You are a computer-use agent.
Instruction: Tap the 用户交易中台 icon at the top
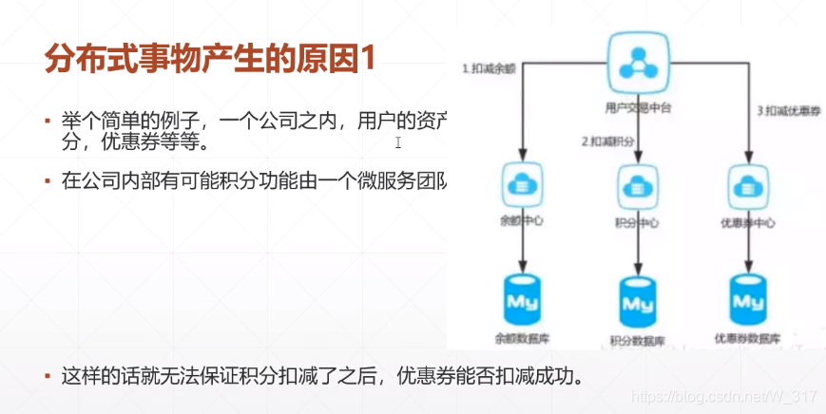(637, 64)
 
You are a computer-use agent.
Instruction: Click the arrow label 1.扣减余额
(488, 68)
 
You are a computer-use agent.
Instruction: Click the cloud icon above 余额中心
(521, 182)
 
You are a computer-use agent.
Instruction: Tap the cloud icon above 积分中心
(638, 184)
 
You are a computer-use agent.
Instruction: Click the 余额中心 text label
(521, 223)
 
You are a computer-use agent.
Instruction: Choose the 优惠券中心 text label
(748, 224)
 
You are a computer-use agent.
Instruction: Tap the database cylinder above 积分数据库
(638, 301)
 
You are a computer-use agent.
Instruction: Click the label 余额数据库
(521, 337)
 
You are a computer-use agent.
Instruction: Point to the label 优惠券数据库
(748, 338)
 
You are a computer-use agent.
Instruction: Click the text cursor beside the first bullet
(398, 142)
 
